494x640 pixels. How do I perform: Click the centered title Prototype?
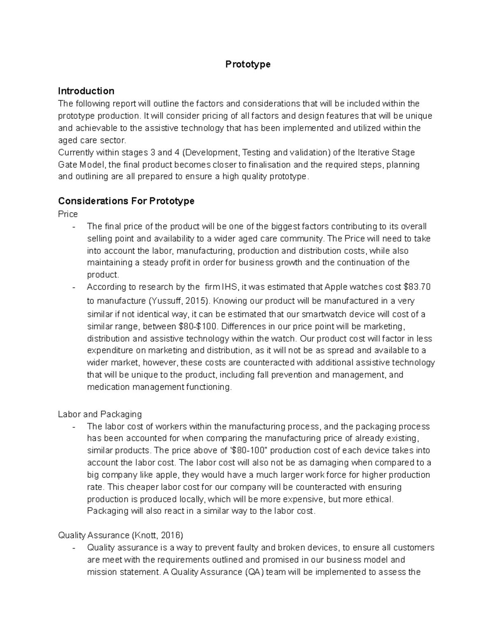click(247, 64)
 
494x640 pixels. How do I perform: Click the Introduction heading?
click(86, 91)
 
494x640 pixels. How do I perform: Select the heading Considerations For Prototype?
click(126, 201)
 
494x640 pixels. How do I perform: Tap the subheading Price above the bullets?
click(68, 214)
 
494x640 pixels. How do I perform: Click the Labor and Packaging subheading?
click(100, 414)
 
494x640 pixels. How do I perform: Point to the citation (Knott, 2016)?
click(157, 535)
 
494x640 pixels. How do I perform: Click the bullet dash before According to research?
click(74, 287)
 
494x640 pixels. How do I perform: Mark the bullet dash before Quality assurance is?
click(74, 548)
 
